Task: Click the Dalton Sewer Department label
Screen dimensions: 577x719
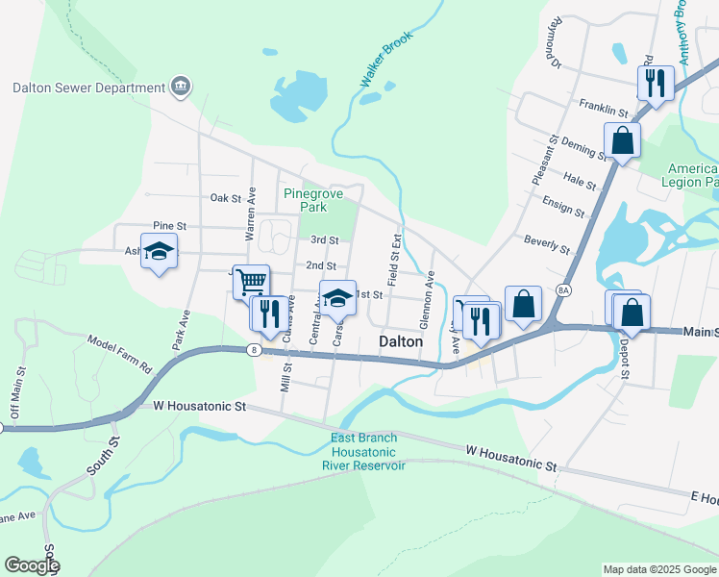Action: [x=88, y=88]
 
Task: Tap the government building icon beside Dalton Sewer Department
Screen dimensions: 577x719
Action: [x=180, y=88]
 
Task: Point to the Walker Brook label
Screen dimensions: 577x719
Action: [x=384, y=61]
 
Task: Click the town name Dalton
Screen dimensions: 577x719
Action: [x=401, y=341]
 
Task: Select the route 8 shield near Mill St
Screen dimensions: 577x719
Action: [x=252, y=349]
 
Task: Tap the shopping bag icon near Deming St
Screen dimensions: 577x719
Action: [x=623, y=139]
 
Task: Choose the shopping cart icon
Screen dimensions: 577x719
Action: [x=251, y=282]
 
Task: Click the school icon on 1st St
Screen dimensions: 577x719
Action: [x=336, y=298]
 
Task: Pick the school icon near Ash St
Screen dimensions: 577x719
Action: [x=160, y=252]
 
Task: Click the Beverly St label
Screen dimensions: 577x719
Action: [x=547, y=243]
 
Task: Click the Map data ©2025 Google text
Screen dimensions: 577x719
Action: [x=658, y=569]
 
